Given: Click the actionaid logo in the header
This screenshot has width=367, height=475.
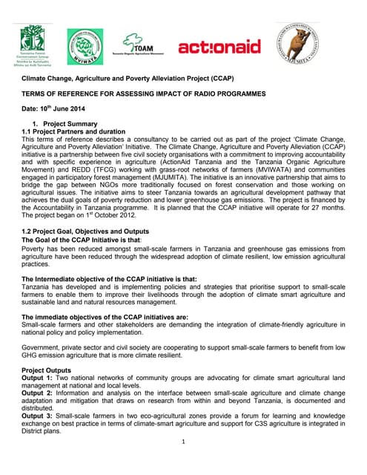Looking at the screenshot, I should click(219, 47).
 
